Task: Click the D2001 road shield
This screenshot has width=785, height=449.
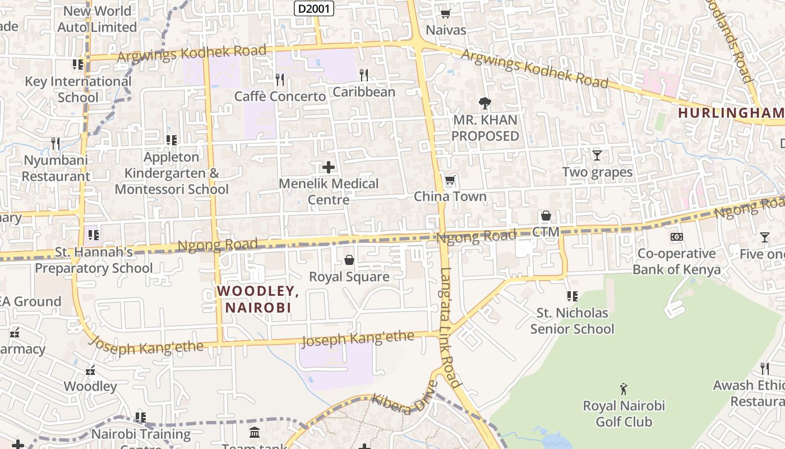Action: coord(314,8)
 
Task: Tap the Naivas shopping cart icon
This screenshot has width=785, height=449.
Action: coord(446,13)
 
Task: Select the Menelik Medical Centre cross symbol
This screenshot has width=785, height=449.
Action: coord(329,167)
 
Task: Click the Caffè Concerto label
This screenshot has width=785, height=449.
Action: coord(280,97)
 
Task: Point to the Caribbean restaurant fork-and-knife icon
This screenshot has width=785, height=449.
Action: coord(364,75)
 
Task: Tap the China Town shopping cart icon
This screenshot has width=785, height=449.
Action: coord(450,181)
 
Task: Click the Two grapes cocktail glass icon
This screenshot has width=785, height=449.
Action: coord(597,155)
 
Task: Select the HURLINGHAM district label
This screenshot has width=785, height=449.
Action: coord(731,113)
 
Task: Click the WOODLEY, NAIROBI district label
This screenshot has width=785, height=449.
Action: coord(258,299)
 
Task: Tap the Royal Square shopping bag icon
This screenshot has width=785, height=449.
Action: coord(349,260)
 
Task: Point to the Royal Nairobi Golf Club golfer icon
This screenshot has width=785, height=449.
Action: coord(624,388)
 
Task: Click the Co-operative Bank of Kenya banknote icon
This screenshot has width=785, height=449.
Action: coord(677,237)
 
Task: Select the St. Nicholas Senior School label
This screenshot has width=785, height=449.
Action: coord(572,320)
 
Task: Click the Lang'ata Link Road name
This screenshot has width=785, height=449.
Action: coord(450,328)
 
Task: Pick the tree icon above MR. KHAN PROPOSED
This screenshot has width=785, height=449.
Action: coord(485,103)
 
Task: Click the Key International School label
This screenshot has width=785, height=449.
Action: coord(78,89)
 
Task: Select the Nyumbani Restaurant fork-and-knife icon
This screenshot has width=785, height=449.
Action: coord(56,144)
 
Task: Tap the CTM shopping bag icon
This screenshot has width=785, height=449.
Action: coord(546,216)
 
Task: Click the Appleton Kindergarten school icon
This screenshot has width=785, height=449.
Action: coord(172,140)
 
